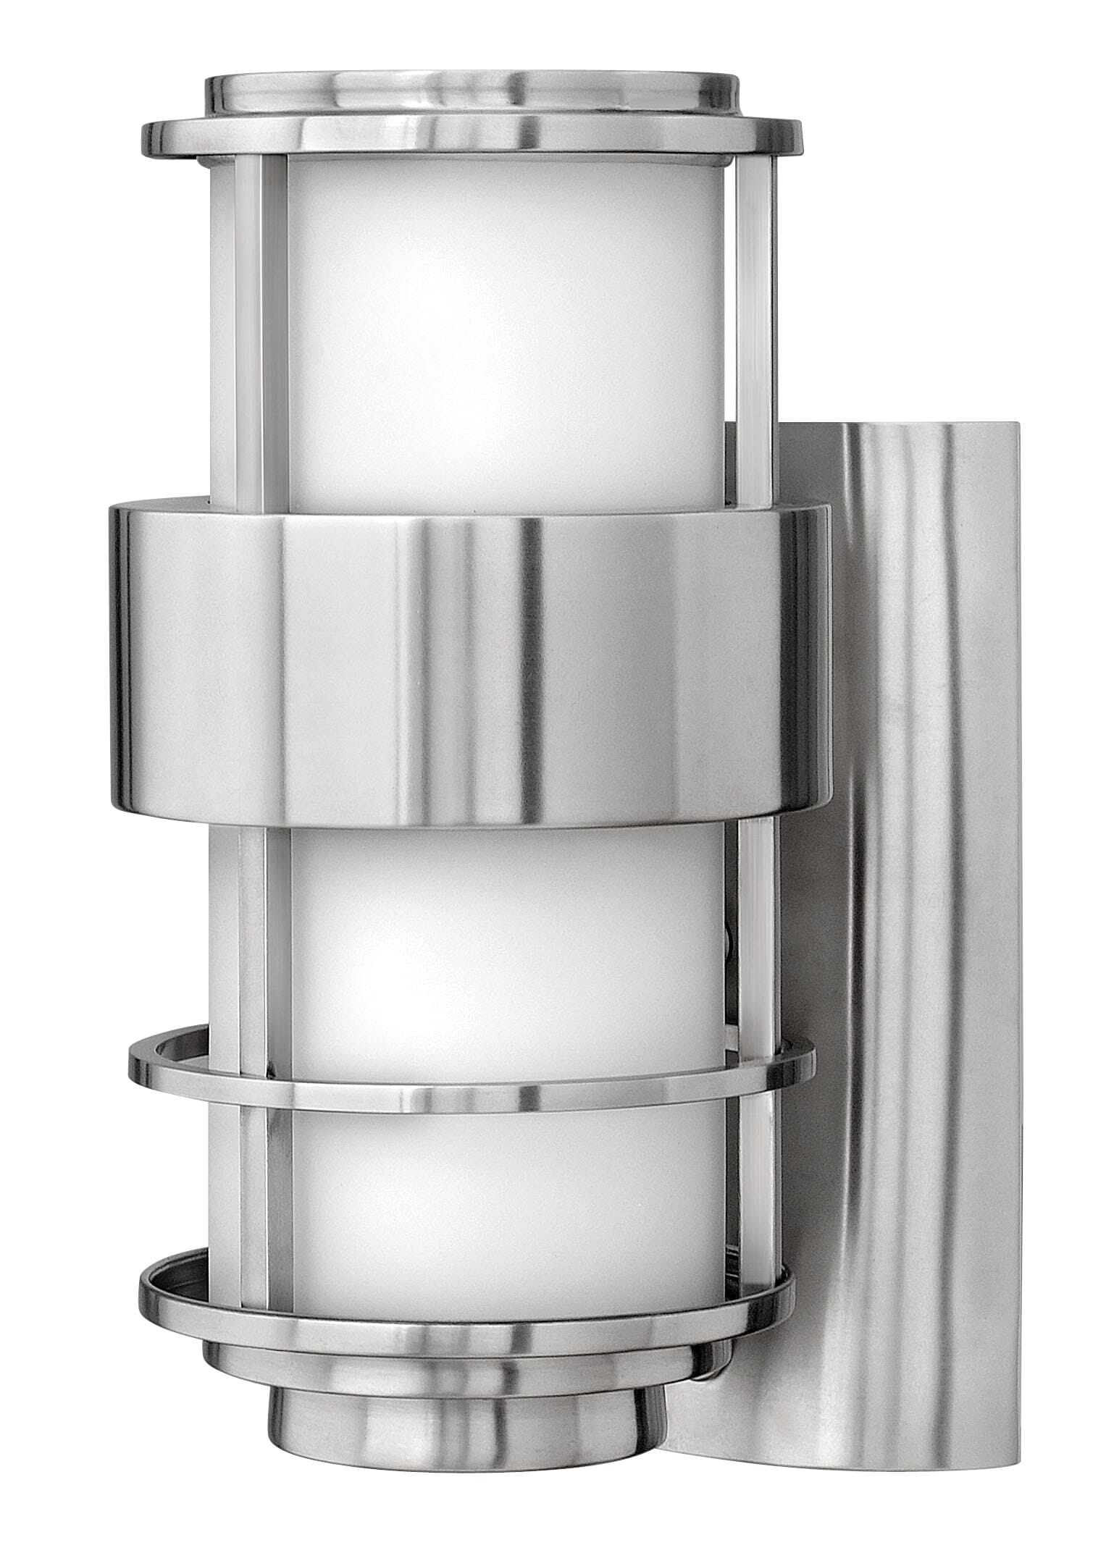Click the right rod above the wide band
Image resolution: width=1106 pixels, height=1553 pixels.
coord(753,326)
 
